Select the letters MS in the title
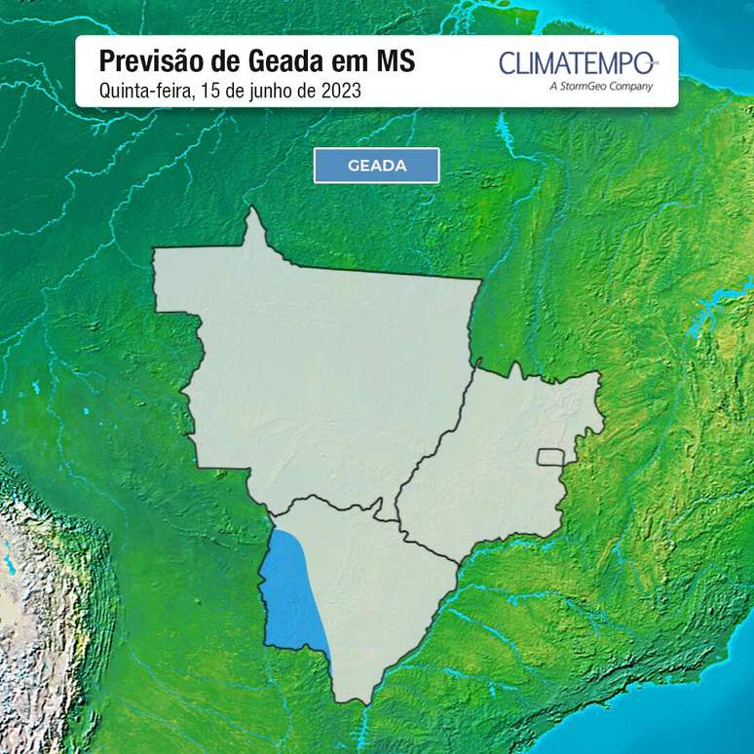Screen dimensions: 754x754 click(x=395, y=61)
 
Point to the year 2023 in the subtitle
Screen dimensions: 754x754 click(x=339, y=92)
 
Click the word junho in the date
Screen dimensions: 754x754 click(x=269, y=92)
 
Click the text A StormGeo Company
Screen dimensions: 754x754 click(x=601, y=86)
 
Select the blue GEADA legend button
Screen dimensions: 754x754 click(x=376, y=166)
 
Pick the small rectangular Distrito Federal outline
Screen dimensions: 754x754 click(x=551, y=457)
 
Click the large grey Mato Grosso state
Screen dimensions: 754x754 click(x=321, y=370)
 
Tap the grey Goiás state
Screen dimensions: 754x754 click(x=497, y=458)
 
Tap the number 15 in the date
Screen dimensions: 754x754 click(x=209, y=92)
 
